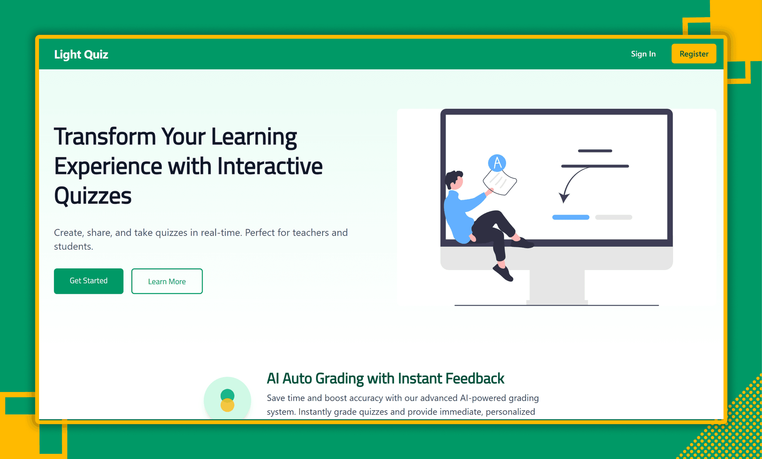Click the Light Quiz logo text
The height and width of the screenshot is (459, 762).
click(x=81, y=54)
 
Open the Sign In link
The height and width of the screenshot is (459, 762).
click(x=643, y=54)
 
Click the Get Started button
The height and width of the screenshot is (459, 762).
click(x=89, y=281)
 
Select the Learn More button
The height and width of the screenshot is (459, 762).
click(x=167, y=281)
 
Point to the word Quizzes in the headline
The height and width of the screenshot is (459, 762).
click(x=93, y=196)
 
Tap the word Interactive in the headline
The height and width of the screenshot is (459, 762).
click(x=270, y=166)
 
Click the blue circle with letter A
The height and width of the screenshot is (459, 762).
click(x=497, y=163)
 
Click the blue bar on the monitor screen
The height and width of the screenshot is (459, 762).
click(x=571, y=217)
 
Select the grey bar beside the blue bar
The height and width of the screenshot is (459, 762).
click(x=614, y=217)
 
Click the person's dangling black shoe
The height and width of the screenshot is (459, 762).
click(x=503, y=273)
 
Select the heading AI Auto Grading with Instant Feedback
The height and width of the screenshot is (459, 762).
click(x=385, y=379)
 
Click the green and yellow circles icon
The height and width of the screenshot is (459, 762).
click(x=227, y=400)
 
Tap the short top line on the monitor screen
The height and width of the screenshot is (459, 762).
click(x=595, y=151)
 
